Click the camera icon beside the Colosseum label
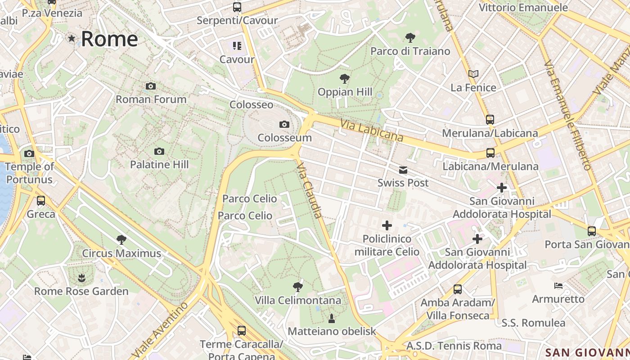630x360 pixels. click(x=284, y=124)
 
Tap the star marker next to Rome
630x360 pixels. click(x=72, y=38)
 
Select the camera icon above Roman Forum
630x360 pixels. click(x=151, y=86)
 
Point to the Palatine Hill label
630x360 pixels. click(x=159, y=165)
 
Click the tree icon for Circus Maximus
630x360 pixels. click(x=121, y=239)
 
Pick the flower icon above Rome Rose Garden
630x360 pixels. click(x=81, y=278)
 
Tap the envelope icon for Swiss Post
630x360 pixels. click(x=403, y=170)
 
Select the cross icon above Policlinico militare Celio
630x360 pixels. click(x=387, y=225)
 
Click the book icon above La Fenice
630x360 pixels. click(x=473, y=74)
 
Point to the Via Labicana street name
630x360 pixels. click(x=371, y=130)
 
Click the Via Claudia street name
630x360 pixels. click(x=310, y=190)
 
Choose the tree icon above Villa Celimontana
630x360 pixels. click(x=297, y=287)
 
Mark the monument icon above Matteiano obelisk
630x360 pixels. click(x=332, y=319)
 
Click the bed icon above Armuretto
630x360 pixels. click(x=558, y=285)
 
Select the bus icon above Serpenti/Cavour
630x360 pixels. click(x=237, y=7)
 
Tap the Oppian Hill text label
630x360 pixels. click(x=345, y=92)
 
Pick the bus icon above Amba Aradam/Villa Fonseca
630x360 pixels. click(x=458, y=289)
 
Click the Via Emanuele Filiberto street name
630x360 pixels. click(x=567, y=115)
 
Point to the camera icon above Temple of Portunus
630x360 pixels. click(x=29, y=153)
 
